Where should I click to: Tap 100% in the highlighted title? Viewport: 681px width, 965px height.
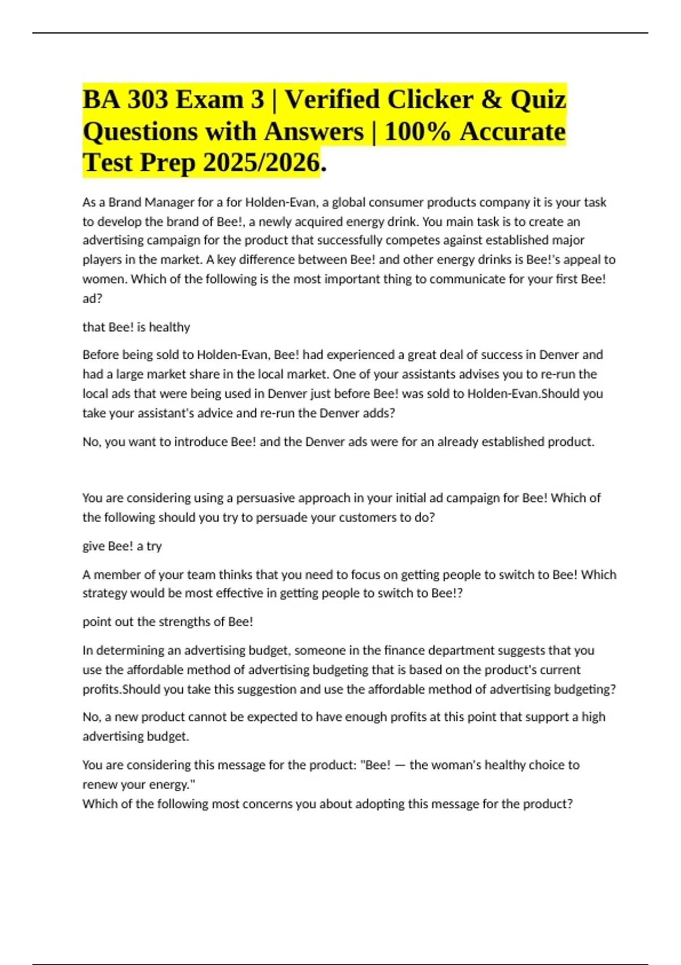tap(417, 132)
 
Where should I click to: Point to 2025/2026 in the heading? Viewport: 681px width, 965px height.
tap(261, 163)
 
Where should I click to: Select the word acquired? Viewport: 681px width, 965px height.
tap(318, 222)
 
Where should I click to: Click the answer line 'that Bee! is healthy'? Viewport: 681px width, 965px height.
tap(136, 328)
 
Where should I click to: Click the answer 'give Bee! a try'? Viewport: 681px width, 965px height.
tap(122, 546)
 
